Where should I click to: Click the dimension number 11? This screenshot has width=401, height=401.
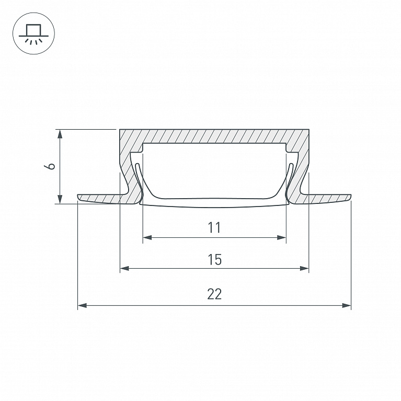coord(214,227)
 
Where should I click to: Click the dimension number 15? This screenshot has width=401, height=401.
coord(214,259)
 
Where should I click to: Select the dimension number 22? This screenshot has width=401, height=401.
coord(214,294)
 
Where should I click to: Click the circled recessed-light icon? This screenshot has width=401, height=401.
coord(33,33)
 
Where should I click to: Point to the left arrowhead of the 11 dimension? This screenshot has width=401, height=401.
coord(147,237)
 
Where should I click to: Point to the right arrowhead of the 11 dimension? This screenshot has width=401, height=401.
coord(281,237)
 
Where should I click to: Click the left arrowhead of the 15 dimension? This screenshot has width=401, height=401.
coord(124,268)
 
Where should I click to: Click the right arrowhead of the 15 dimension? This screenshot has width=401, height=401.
coord(304,268)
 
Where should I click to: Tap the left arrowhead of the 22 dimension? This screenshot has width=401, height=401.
coord(82,305)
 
